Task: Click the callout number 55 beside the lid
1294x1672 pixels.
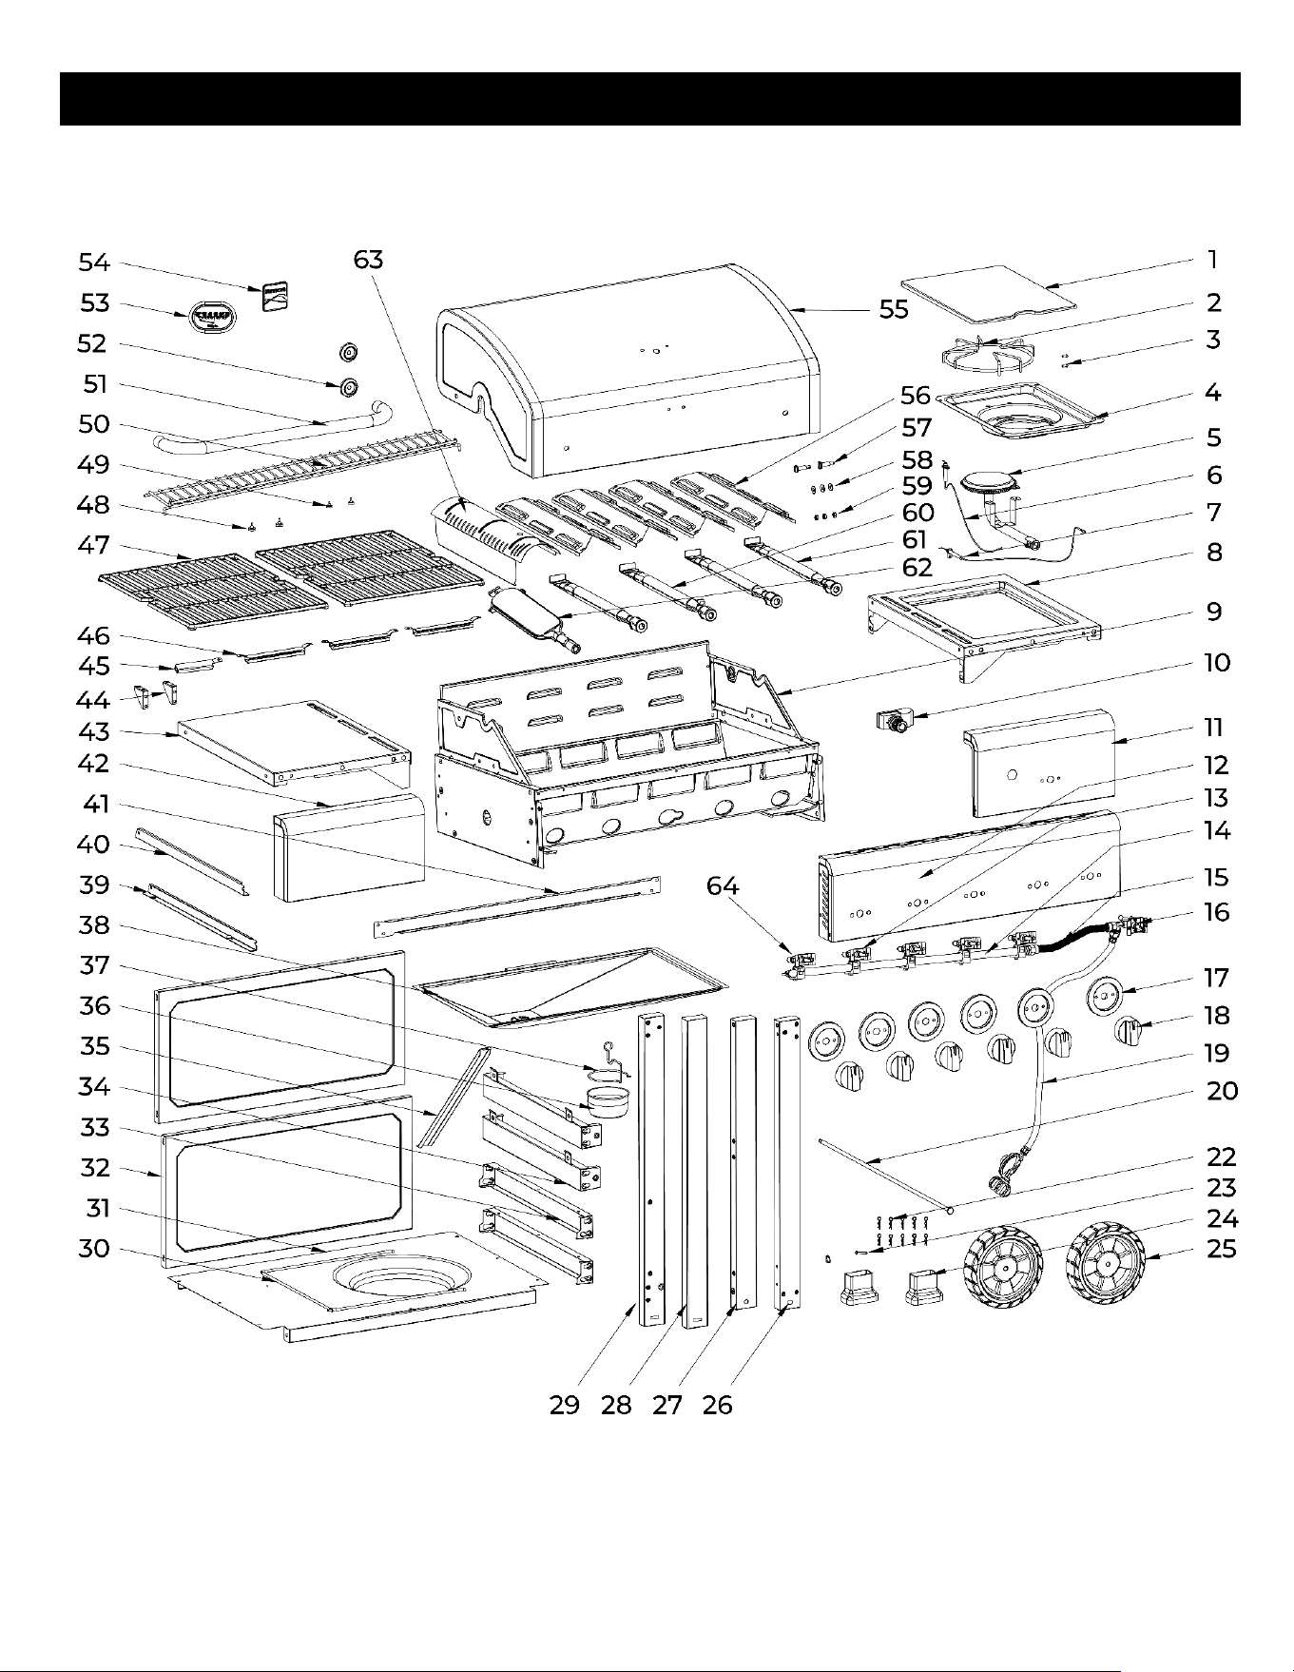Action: [894, 309]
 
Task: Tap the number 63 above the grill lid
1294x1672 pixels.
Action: [368, 260]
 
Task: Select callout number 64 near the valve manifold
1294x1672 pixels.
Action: [723, 885]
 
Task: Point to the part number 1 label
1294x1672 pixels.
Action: [1212, 260]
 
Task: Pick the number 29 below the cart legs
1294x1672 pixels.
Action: [565, 1404]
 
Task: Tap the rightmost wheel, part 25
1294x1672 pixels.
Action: [1108, 1262]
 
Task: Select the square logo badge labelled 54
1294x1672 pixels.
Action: [276, 298]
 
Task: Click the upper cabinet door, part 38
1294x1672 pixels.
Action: [280, 1029]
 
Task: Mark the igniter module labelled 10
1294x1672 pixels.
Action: [895, 721]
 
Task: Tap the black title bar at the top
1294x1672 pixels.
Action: [649, 99]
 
